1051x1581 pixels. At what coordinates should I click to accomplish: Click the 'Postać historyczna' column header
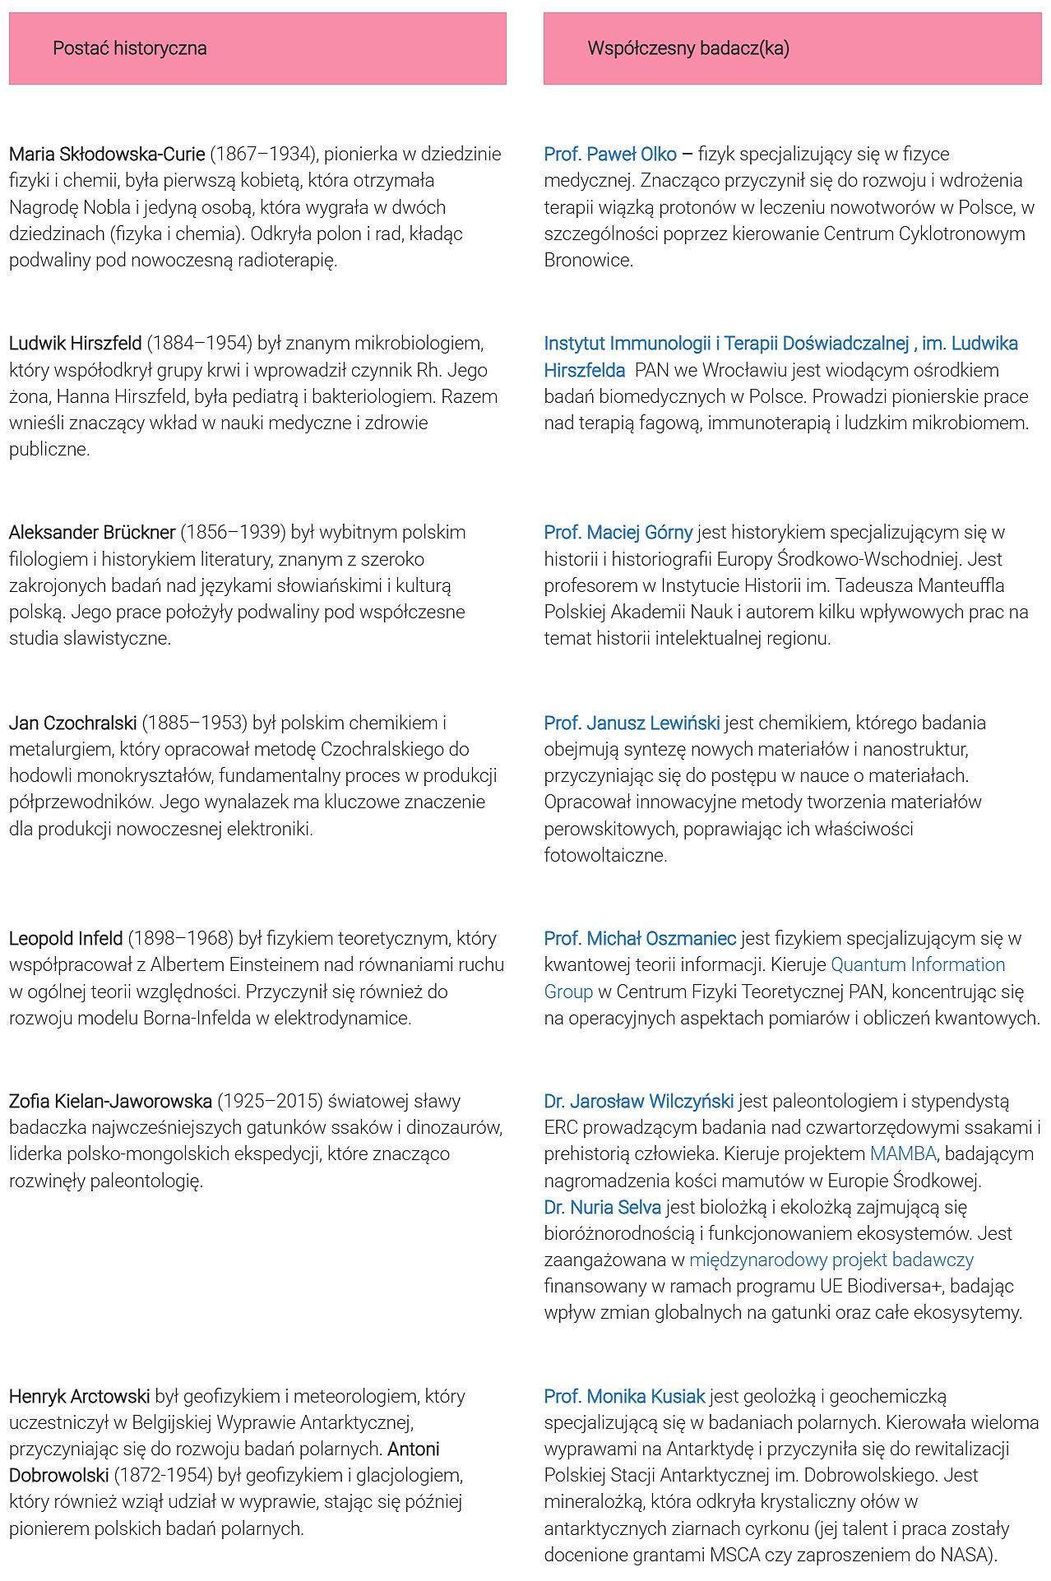[x=130, y=49]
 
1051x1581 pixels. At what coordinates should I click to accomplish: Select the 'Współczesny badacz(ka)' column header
[x=688, y=49]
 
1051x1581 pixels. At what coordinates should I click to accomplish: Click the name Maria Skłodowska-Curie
[x=107, y=155]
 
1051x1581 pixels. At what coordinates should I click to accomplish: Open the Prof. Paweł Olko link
[x=610, y=155]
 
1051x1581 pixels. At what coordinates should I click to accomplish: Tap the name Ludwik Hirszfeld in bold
[x=76, y=344]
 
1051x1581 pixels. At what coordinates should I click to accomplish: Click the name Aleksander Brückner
[x=92, y=533]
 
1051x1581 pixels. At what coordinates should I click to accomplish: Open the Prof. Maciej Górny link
[x=618, y=533]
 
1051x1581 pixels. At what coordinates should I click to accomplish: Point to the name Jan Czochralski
[x=73, y=723]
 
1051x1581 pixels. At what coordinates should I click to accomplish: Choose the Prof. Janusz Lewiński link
[x=632, y=723]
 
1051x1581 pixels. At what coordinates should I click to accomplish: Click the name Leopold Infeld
[x=66, y=939]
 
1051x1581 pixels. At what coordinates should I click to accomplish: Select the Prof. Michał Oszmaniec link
[x=640, y=939]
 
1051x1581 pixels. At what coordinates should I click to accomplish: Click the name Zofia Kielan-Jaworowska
[x=110, y=1102]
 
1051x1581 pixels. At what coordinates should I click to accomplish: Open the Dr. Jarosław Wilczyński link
[x=639, y=1102]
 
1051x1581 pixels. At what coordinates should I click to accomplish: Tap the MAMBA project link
[x=903, y=1154]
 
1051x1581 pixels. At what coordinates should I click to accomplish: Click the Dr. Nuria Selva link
[x=603, y=1208]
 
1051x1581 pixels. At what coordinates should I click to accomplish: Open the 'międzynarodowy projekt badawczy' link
[x=831, y=1260]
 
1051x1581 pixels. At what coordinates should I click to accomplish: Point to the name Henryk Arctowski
[x=80, y=1397]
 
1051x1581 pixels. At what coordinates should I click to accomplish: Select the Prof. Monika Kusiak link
[x=624, y=1397]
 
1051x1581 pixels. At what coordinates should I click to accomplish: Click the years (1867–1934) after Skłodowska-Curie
[x=264, y=155]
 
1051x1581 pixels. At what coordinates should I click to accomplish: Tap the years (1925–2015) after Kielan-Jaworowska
[x=270, y=1102]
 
